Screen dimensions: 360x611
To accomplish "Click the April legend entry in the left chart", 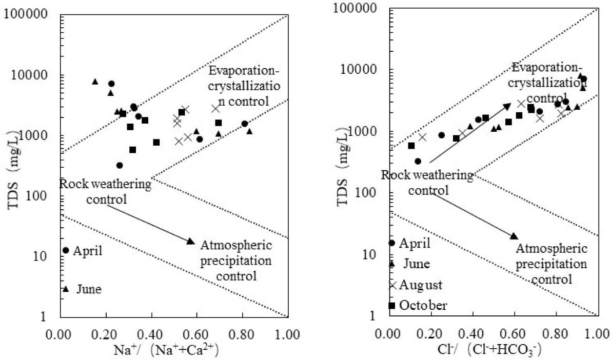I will (x=82, y=251).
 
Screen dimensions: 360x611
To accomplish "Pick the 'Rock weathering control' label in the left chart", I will (x=105, y=190).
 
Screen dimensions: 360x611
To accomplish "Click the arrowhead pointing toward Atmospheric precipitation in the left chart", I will (x=190, y=241).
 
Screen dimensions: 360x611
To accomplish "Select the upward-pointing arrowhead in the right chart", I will (x=507, y=106).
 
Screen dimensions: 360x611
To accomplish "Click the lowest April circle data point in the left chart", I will (x=120, y=165).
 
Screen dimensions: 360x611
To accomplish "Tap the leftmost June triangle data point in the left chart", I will (x=95, y=82).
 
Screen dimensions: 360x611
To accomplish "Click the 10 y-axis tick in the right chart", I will (x=371, y=254).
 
